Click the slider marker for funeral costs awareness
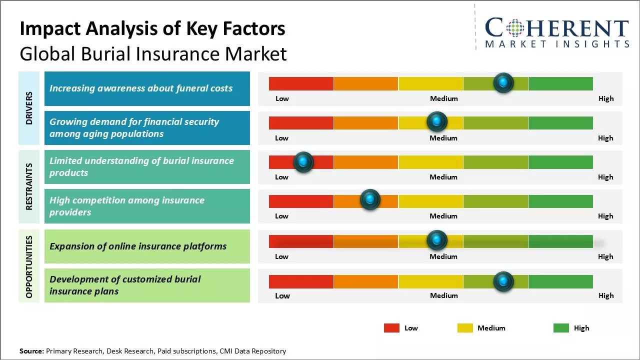[x=503, y=82]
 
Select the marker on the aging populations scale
[x=437, y=121]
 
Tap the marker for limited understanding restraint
[x=303, y=162]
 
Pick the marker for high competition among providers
[x=370, y=200]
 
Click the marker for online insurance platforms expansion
[x=437, y=240]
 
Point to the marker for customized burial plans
[x=503, y=281]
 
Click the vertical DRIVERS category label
[x=29, y=108]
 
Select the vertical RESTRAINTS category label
[x=29, y=186]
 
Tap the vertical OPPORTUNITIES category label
[x=29, y=266]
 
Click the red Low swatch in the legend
[x=391, y=328]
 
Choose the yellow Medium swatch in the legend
[x=465, y=328]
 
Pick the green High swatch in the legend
[x=561, y=328]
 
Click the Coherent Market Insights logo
[x=557, y=32]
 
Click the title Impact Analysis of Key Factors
[x=152, y=28]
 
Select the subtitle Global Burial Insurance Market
[x=153, y=53]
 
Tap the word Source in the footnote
[x=31, y=351]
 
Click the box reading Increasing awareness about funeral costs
[x=147, y=88]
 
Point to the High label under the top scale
[x=605, y=98]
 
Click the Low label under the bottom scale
[x=282, y=295]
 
